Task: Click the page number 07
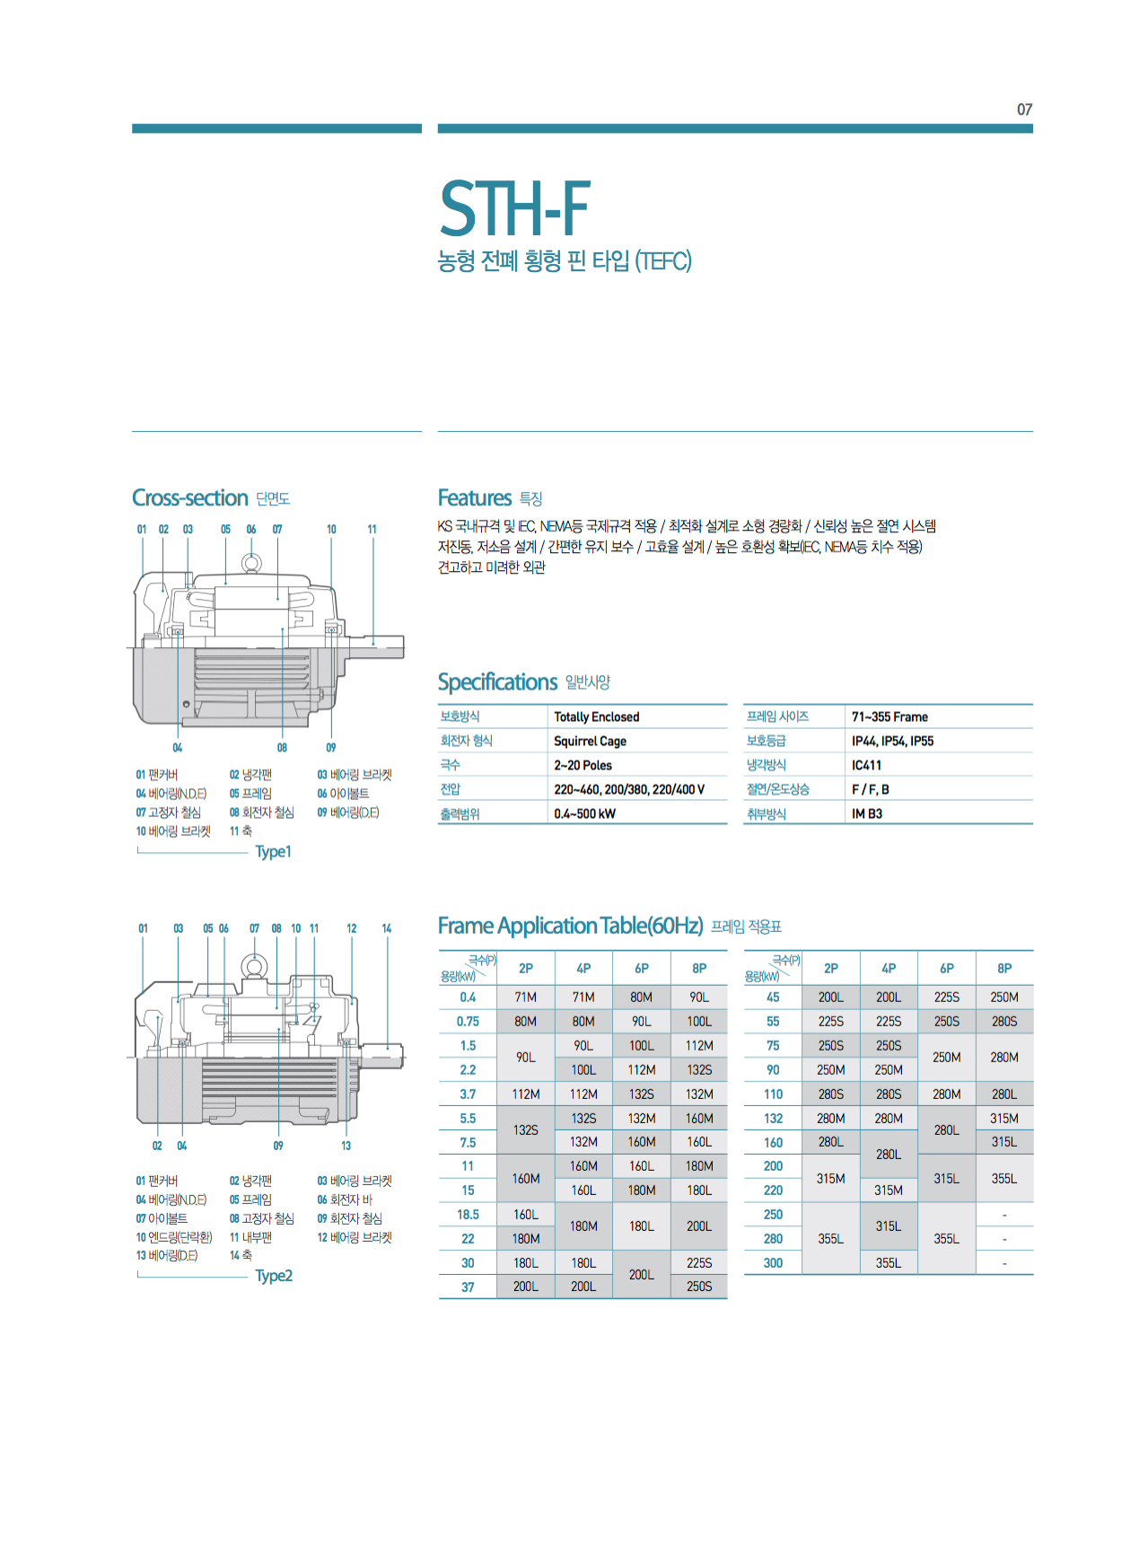coord(1024,110)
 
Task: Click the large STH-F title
coord(514,209)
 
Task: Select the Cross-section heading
coord(189,498)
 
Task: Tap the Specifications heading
coord(497,682)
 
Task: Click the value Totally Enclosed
coord(596,717)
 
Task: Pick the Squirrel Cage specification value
coord(590,742)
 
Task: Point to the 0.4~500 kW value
coord(584,814)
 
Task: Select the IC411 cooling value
coord(866,766)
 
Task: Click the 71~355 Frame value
coord(889,717)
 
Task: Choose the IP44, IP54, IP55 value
coord(892,742)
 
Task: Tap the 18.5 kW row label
coord(468,1215)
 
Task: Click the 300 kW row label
coord(773,1263)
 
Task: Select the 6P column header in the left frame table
coord(642,969)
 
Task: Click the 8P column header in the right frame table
coord(1004,969)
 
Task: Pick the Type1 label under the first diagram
coord(273,852)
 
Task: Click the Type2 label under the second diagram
coord(274,1276)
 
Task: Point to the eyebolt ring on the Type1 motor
coord(251,563)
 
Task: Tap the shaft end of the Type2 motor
coord(394,1056)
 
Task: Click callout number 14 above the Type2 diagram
coord(386,928)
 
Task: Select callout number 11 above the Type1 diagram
coord(372,530)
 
